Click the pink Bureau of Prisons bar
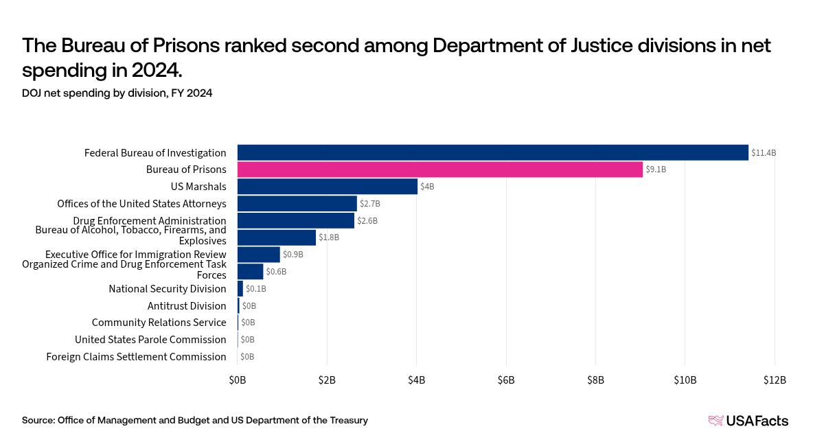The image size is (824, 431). coord(439,170)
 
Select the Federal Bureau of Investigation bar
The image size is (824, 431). coord(492,152)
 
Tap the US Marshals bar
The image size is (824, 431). coord(327,186)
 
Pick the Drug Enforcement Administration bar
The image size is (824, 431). coord(296,220)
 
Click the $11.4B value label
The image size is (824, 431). coord(763,153)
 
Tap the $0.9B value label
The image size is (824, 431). coord(293,255)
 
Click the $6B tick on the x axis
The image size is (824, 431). coord(506,380)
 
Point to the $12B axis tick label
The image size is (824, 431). coord(774,380)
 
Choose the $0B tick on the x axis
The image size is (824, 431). coord(238,380)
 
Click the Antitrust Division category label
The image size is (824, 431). coord(187,306)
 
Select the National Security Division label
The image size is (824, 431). coord(167,289)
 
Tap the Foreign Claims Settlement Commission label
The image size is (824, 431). coord(136,357)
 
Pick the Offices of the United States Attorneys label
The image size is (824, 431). coord(141,204)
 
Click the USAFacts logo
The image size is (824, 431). coord(748,421)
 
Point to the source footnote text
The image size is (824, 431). coord(194,420)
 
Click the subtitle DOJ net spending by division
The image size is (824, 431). coord(117,93)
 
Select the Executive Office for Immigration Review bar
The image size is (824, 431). coord(259,255)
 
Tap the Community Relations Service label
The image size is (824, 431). coord(159,323)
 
